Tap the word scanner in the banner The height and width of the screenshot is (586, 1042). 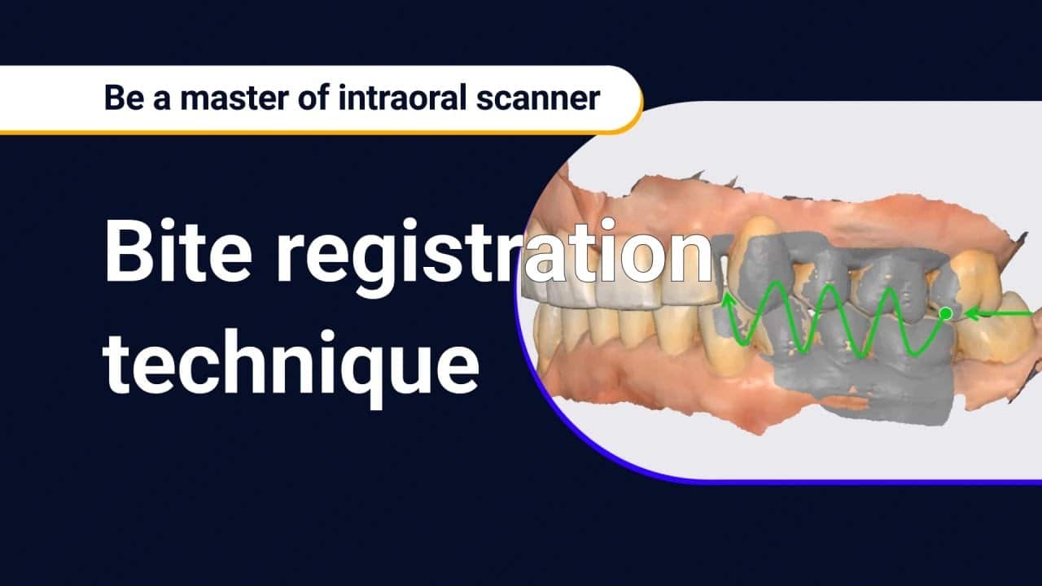click(542, 98)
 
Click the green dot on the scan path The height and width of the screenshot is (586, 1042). click(945, 313)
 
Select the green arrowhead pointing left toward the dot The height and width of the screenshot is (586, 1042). click(970, 313)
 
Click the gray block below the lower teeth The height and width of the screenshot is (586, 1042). click(863, 391)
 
